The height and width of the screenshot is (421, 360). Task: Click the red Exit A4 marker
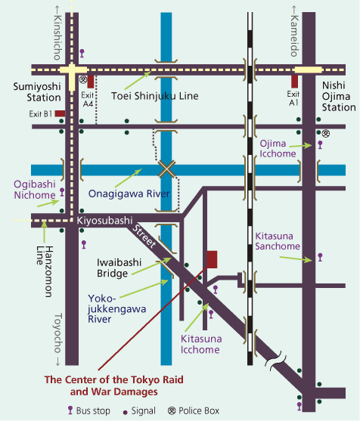(x=91, y=81)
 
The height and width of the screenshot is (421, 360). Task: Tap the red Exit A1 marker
(x=293, y=81)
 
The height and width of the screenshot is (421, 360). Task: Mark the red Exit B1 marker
(x=59, y=113)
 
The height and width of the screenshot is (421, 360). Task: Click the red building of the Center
(x=212, y=258)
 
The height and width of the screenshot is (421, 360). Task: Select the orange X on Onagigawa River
(x=166, y=169)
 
